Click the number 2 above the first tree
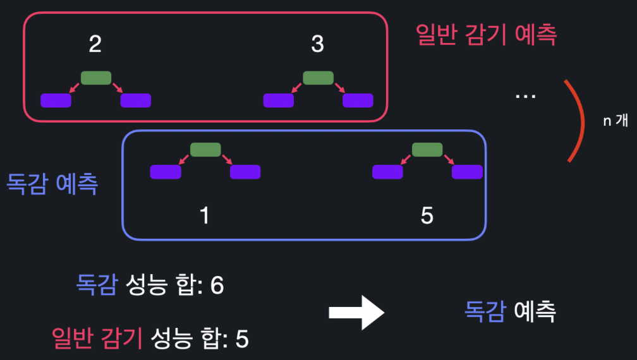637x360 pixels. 95,44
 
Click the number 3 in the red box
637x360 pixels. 317,44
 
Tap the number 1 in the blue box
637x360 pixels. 204,216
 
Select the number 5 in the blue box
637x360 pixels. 427,216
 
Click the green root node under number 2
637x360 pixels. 96,78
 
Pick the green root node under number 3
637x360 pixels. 318,78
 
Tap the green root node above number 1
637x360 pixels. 205,150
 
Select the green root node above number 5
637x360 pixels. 427,150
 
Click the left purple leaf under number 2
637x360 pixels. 56,100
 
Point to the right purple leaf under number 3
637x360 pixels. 358,100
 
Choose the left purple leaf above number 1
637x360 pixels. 166,172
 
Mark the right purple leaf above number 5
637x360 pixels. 467,172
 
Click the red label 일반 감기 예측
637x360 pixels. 486,35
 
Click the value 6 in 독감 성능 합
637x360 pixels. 217,285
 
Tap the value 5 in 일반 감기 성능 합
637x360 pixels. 242,339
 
